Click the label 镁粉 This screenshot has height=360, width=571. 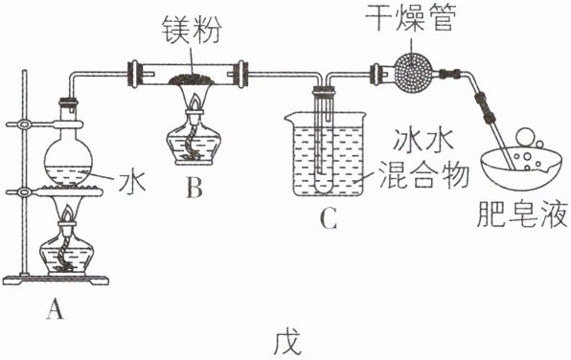191,30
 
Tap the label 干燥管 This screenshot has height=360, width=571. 410,17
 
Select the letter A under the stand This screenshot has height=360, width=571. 55,308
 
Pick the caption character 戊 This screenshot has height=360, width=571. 287,343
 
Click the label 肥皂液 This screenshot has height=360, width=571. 522,214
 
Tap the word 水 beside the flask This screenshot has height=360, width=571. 131,181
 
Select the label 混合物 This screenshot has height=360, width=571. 423,174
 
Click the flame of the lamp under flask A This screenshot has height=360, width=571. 68,214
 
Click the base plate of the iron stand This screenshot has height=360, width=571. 56,280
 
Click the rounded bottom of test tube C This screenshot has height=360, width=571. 323,188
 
